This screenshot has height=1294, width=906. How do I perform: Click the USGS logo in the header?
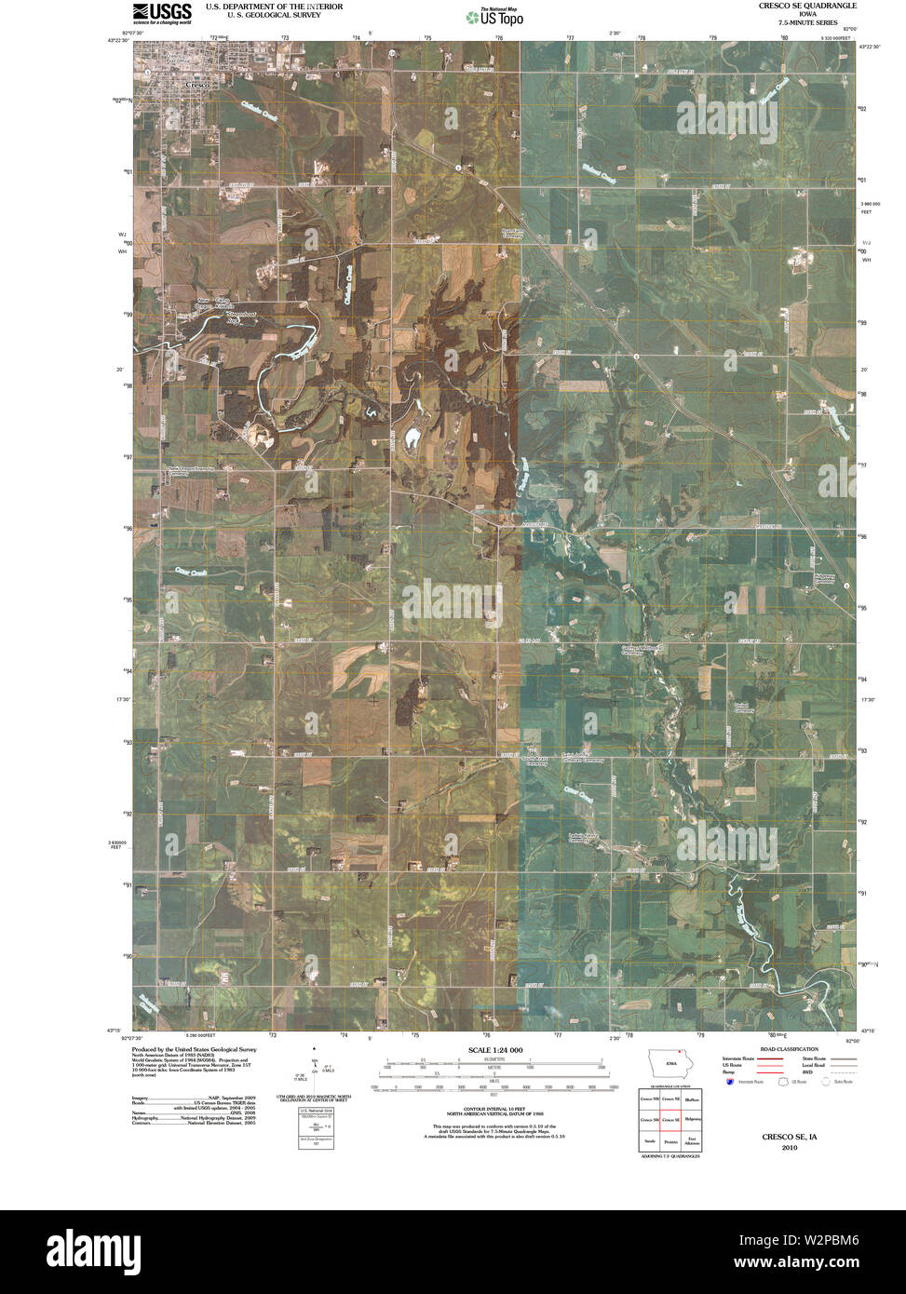162,12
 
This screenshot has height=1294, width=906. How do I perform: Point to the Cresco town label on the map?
196,85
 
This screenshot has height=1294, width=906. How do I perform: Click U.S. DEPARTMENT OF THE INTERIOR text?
274,7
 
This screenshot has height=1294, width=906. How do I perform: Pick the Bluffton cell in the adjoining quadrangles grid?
692,1099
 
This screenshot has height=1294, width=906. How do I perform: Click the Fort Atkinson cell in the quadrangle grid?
692,1140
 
